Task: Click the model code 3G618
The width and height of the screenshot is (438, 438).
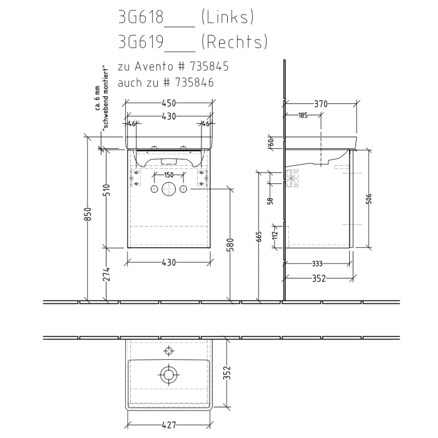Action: pos(140,17)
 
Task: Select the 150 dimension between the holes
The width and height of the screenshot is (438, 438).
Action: pos(168,175)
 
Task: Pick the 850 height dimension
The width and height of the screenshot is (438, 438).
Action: pos(88,214)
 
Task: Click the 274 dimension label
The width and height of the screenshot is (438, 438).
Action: pos(106,273)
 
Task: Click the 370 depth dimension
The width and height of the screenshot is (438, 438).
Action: pos(320,103)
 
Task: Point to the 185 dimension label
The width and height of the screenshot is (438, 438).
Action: pos(303,115)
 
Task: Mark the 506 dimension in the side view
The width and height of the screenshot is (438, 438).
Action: pos(369,198)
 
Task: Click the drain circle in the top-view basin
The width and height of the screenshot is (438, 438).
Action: pos(168,375)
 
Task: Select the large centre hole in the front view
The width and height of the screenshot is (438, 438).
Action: pos(168,190)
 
